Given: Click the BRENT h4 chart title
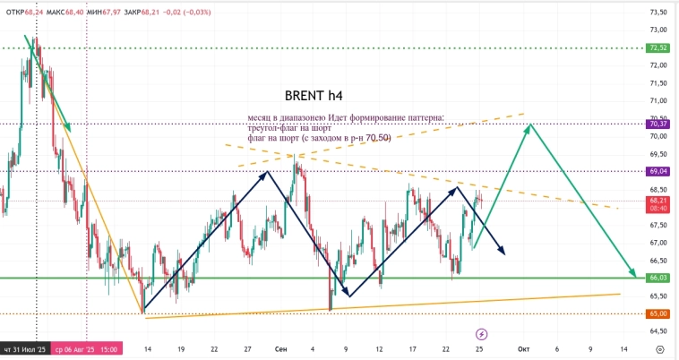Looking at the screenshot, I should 313,95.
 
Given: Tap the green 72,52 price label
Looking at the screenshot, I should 658,47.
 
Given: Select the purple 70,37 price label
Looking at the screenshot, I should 658,124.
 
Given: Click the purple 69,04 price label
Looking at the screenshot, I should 658,171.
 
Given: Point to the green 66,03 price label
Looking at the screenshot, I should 658,278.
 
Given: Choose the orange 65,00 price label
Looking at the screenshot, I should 658,313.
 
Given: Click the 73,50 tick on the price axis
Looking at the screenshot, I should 658,13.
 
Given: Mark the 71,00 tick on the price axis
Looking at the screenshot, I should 658,101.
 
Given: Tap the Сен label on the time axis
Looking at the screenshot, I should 279,348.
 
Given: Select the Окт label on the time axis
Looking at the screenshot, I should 524,348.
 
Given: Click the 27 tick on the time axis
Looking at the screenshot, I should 246,348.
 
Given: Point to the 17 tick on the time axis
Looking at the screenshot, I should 412,348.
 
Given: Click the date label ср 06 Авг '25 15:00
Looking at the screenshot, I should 86,348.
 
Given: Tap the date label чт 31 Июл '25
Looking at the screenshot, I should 25,348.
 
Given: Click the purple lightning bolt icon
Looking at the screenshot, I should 481,333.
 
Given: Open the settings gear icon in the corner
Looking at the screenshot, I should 659,348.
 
